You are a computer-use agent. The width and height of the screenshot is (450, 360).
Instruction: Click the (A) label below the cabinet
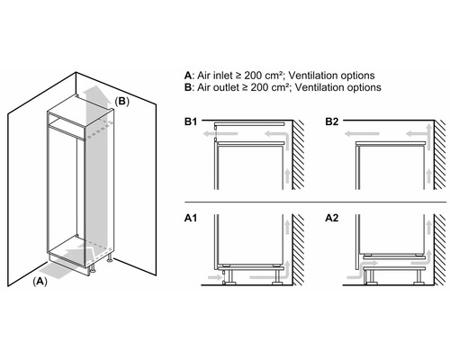click(40, 282)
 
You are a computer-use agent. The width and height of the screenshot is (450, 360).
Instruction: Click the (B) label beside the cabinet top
click(122, 102)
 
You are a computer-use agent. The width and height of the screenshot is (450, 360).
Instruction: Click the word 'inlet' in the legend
click(226, 74)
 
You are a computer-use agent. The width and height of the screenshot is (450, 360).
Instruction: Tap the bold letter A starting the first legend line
click(186, 74)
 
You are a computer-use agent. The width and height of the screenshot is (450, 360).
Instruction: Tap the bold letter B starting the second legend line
click(186, 87)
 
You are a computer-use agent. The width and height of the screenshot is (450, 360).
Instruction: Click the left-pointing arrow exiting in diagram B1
click(207, 132)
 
